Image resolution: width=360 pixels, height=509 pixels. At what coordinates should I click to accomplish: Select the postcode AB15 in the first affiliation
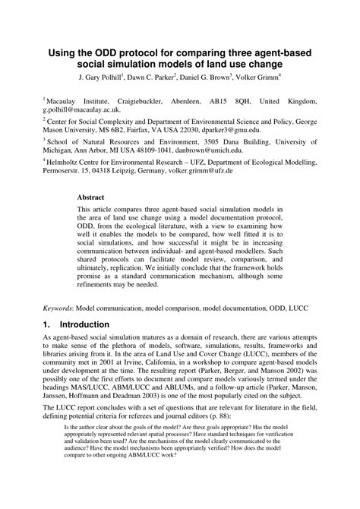[x=217, y=100]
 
